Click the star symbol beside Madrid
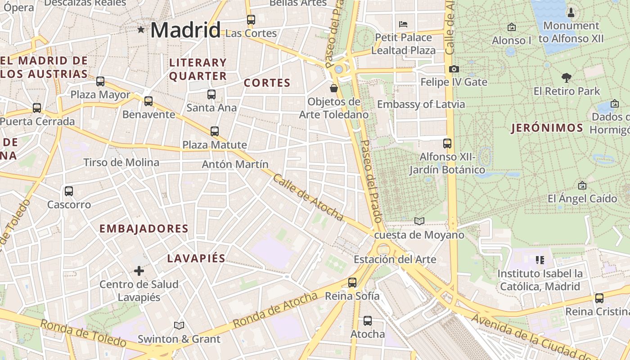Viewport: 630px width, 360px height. coord(141,30)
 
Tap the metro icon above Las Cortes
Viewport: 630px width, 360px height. coord(251,20)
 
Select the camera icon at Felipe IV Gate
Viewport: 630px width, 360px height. coord(454,69)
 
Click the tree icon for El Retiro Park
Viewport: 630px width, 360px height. coord(567,78)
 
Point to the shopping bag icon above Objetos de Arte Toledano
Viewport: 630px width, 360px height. coord(334,88)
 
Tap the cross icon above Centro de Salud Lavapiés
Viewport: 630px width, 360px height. coord(139,271)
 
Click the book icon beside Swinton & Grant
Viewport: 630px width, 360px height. coord(179,325)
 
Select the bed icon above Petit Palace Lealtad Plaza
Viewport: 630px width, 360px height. coord(403,24)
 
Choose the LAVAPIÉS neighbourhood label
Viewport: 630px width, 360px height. coord(196,258)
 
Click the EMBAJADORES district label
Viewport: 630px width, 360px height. coord(144,229)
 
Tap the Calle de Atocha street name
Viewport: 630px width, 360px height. coord(308,198)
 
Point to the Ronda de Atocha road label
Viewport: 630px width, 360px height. coord(275,310)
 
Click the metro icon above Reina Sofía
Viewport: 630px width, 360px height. coord(352,283)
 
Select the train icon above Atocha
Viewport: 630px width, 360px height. coord(368,321)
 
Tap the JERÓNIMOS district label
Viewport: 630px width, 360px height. coord(547,128)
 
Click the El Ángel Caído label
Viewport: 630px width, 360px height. coord(582,198)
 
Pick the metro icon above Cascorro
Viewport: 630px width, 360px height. coord(69,191)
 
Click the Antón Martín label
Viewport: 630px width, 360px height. coord(235,164)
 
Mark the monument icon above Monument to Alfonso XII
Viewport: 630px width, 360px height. coord(571,12)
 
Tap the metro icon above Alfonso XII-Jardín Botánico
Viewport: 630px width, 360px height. coord(447,144)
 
